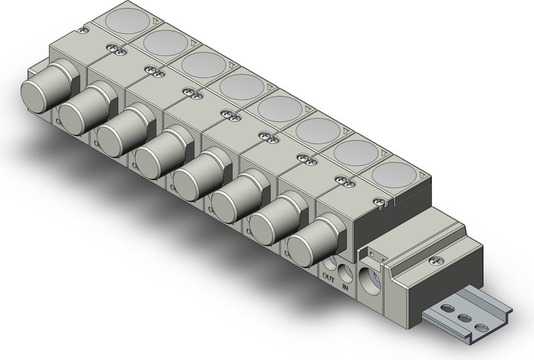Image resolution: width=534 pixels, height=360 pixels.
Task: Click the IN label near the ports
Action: (345, 287)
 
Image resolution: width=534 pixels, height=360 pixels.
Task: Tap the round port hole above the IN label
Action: (346, 272)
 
